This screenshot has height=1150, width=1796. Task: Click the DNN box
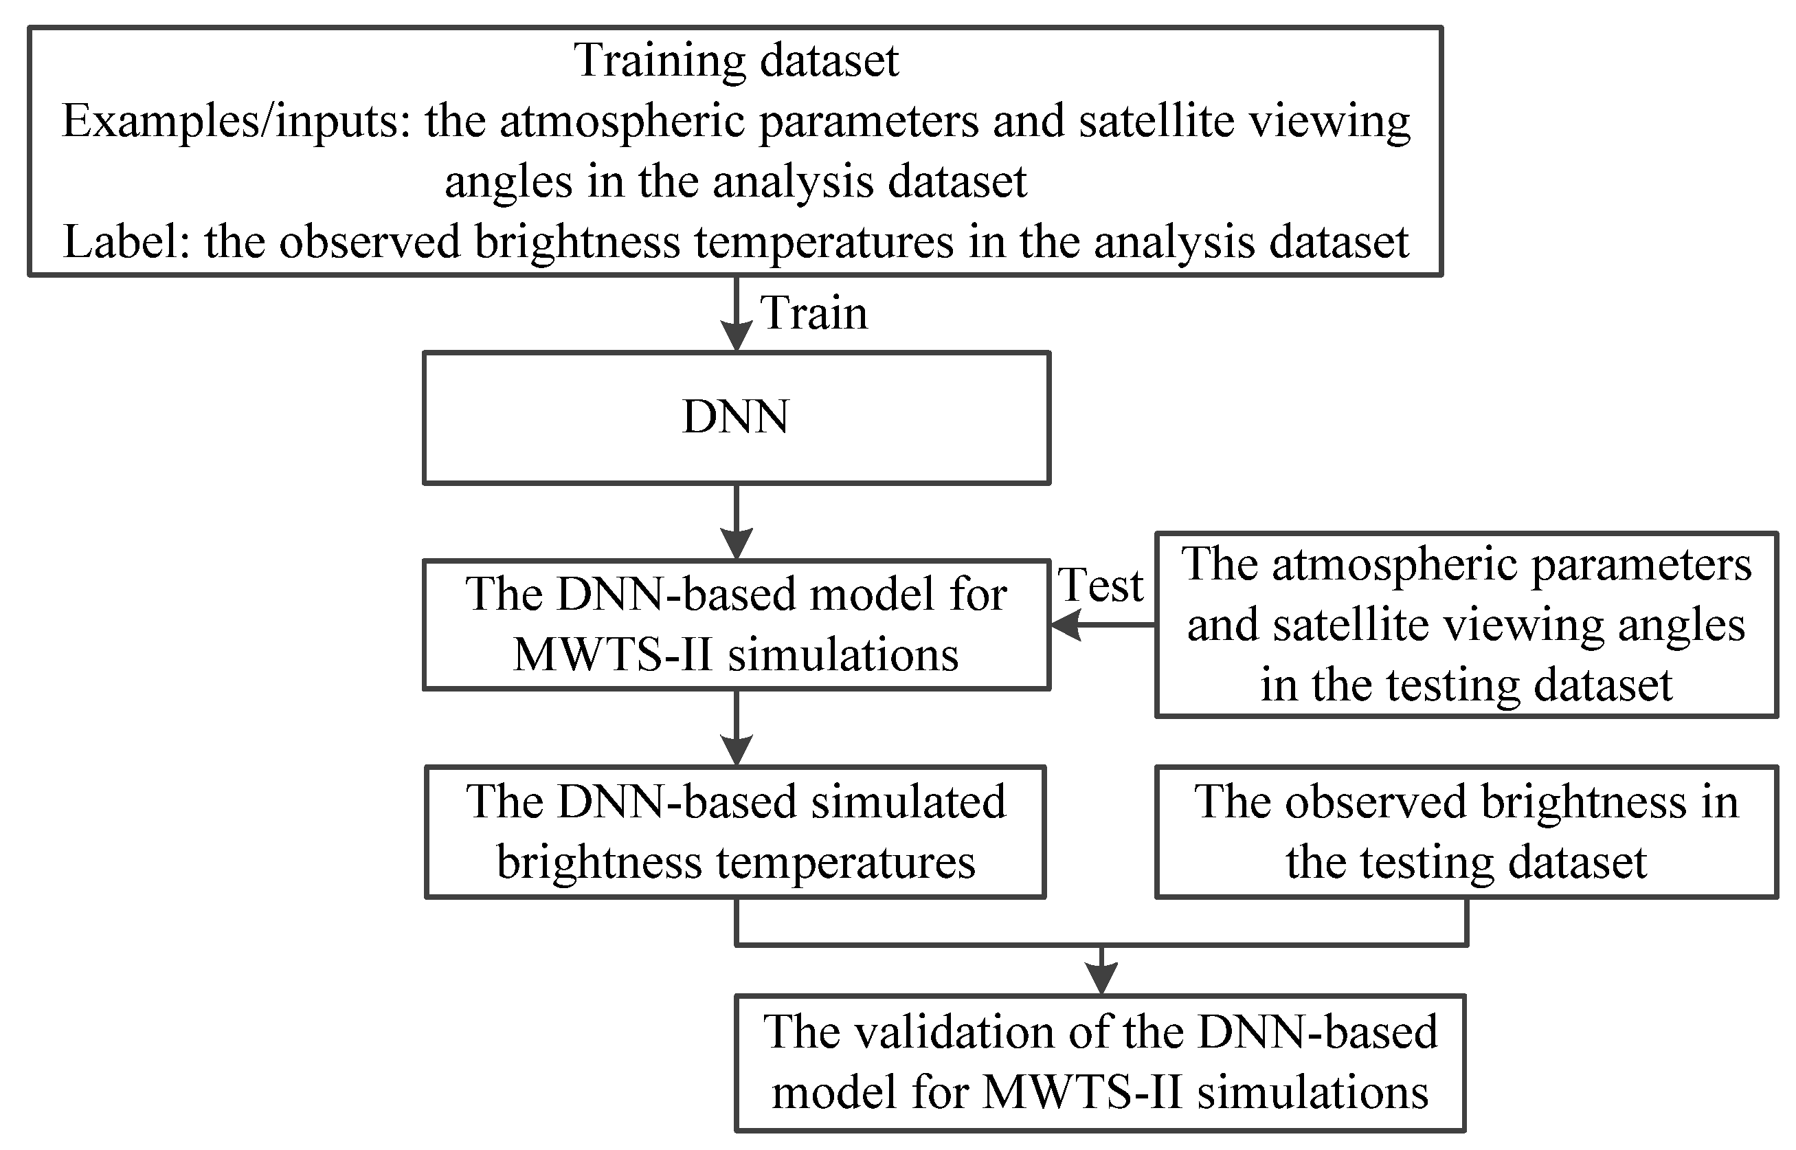(x=736, y=418)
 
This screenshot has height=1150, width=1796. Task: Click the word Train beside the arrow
(x=814, y=313)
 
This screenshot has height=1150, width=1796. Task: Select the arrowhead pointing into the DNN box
(x=736, y=336)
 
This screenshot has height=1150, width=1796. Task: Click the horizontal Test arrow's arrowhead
(x=1066, y=624)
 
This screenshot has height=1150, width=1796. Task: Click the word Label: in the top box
(x=127, y=243)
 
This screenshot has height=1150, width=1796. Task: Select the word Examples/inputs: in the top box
(x=236, y=121)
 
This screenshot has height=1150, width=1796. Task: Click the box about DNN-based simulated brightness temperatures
(x=736, y=831)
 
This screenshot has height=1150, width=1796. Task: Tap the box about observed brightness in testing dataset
(x=1466, y=831)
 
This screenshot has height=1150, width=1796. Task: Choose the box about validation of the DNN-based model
(x=1100, y=1063)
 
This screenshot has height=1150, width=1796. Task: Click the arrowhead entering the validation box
(x=1101, y=978)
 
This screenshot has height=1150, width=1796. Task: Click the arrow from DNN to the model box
(x=736, y=522)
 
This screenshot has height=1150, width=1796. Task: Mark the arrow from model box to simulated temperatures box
(x=736, y=728)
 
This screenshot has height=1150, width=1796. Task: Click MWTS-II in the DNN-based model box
(x=613, y=656)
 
